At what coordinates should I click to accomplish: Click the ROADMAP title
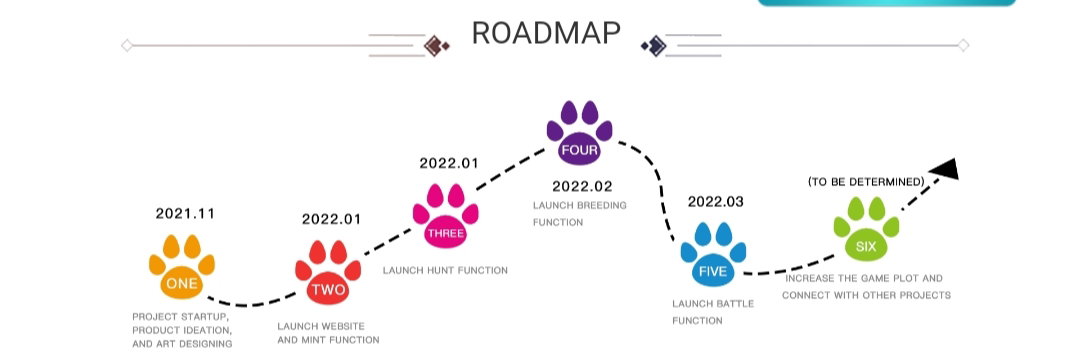[x=546, y=33]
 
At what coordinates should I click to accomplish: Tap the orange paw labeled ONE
[x=182, y=267]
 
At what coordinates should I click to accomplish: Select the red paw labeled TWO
[x=328, y=273]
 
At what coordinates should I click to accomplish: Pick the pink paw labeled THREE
[x=446, y=216]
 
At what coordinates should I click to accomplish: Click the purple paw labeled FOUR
[x=579, y=134]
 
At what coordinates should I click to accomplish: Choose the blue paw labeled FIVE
[x=713, y=255]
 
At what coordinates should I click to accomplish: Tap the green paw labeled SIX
[x=866, y=230]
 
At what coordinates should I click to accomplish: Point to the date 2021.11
[x=185, y=213]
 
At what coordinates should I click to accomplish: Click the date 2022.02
[x=582, y=186]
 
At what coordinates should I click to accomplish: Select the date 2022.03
[x=716, y=202]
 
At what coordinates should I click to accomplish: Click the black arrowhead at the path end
[x=945, y=168]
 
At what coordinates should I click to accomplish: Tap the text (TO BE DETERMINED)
[x=866, y=182]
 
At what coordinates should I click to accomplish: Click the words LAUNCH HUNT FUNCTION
[x=445, y=271]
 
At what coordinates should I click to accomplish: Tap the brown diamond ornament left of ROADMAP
[x=436, y=45]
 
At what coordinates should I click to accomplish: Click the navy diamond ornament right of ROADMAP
[x=654, y=45]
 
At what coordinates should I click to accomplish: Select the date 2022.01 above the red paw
[x=331, y=219]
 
